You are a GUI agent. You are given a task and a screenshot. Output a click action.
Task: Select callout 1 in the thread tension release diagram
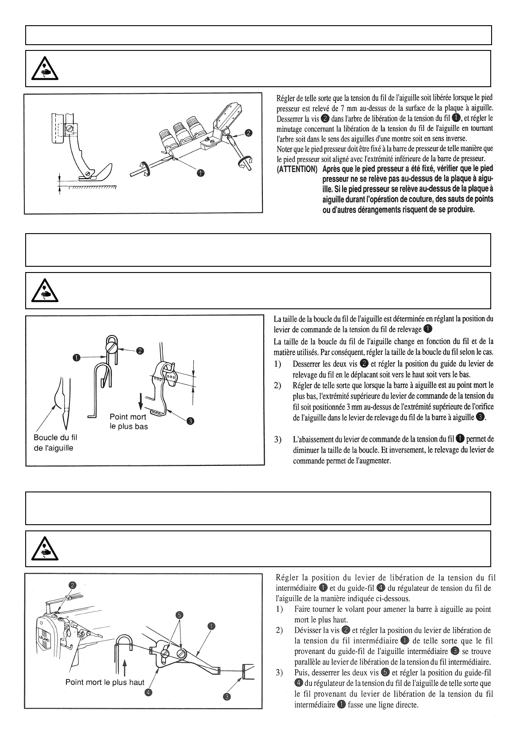pyautogui.click(x=201, y=173)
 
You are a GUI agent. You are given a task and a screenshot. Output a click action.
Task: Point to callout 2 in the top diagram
pyautogui.click(x=249, y=132)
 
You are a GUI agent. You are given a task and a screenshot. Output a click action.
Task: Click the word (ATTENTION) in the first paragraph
pyautogui.click(x=297, y=169)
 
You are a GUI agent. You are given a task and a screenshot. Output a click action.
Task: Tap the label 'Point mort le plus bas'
pyautogui.click(x=129, y=422)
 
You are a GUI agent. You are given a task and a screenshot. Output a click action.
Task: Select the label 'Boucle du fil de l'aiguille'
pyautogui.click(x=55, y=442)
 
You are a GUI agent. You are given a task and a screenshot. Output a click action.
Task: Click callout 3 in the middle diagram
pyautogui.click(x=190, y=421)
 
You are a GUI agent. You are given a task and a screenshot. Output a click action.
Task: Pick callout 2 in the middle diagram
pyautogui.click(x=140, y=351)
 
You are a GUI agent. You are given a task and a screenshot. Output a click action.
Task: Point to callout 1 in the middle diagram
pyautogui.click(x=77, y=357)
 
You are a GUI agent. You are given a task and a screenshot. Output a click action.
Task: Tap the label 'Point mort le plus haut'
pyautogui.click(x=105, y=682)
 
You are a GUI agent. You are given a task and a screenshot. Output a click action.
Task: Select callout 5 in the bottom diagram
pyautogui.click(x=179, y=615)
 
